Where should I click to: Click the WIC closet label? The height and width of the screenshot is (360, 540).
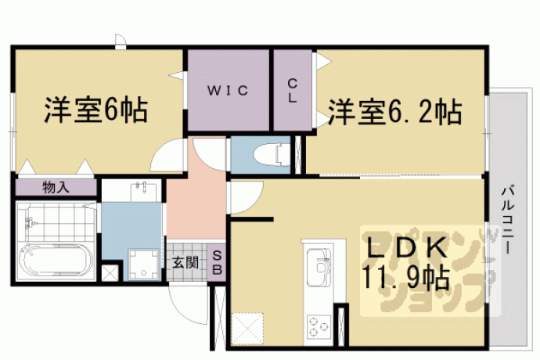click(227, 91)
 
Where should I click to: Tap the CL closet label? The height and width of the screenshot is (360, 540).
click(292, 91)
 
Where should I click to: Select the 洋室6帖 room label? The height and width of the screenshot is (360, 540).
click(96, 110)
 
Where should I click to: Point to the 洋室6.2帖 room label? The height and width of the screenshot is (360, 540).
click(394, 112)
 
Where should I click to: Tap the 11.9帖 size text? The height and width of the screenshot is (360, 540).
click(405, 277)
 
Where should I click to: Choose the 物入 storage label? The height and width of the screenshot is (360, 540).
click(56, 188)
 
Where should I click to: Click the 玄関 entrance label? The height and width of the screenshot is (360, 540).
click(185, 263)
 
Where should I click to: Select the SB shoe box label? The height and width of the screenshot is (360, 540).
click(217, 262)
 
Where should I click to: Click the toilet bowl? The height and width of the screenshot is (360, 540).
click(272, 156)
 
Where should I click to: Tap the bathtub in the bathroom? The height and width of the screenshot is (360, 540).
click(57, 262)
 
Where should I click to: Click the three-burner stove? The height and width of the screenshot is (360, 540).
click(319, 326)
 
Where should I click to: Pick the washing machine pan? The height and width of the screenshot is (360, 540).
click(144, 265)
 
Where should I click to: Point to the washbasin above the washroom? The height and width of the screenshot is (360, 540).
click(144, 191)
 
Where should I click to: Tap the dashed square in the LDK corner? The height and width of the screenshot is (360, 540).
click(247, 329)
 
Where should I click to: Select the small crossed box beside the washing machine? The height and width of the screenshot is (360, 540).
click(110, 272)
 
